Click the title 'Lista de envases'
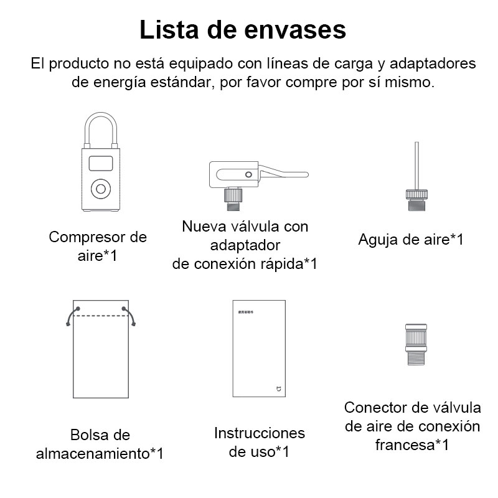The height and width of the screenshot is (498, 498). pos(242,30)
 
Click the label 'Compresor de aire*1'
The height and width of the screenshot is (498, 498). pos(98,246)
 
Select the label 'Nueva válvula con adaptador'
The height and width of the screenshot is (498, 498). pos(245,235)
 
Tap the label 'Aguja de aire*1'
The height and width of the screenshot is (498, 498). pos(411,240)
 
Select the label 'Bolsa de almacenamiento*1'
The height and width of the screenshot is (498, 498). pos(100,443)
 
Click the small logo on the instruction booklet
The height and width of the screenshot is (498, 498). pos(278,389)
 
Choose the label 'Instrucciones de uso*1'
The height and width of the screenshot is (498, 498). pos(260,442)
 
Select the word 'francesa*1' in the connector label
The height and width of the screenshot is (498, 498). pos(412,444)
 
